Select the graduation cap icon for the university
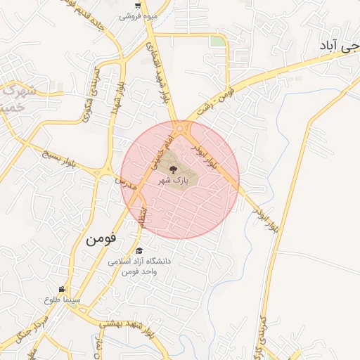point(139,251)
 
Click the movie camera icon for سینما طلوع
point(63,290)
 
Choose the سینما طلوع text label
point(63,300)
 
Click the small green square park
point(218,41)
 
